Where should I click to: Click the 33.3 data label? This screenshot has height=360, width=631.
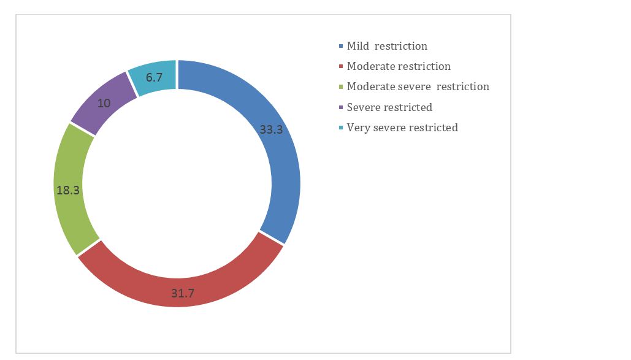point(271,129)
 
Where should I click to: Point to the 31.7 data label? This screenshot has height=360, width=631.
point(183,293)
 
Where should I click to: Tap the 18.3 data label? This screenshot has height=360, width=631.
point(68,190)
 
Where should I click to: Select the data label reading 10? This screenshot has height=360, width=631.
point(104,104)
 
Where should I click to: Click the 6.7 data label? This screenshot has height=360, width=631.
point(154,77)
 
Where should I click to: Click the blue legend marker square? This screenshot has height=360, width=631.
point(341,47)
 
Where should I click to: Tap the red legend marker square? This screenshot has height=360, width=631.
point(341,66)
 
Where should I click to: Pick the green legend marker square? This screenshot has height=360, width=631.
point(341,86)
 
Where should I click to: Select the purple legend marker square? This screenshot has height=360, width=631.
point(341,107)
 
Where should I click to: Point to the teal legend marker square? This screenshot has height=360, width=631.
point(341,128)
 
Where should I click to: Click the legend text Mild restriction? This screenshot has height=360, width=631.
point(387,46)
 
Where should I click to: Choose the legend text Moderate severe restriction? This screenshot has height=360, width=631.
point(418,86)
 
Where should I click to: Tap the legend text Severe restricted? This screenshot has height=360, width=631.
point(389,107)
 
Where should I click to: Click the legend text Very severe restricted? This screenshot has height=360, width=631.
point(402,128)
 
